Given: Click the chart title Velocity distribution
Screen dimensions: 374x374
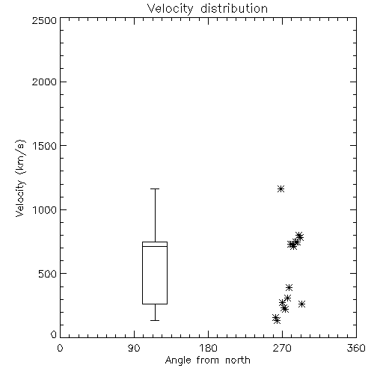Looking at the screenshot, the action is click(x=207, y=9).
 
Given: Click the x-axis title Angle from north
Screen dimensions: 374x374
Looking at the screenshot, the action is click(x=207, y=360).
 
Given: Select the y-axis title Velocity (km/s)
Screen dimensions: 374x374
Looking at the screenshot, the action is click(x=20, y=178).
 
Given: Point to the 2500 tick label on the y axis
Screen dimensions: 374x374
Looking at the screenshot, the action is click(x=44, y=20).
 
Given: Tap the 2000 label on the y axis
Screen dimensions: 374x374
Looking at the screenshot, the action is click(x=44, y=82).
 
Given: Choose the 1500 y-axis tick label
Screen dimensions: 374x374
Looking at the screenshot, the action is click(x=45, y=146).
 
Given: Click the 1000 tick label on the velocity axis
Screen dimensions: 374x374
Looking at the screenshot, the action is click(x=45, y=209).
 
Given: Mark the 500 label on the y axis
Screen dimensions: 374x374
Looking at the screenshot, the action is click(x=48, y=274).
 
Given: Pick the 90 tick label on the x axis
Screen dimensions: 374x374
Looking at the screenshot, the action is click(x=134, y=348).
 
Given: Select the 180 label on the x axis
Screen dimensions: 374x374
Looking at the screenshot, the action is click(x=208, y=348).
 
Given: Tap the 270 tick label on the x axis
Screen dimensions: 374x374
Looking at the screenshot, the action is click(x=282, y=348).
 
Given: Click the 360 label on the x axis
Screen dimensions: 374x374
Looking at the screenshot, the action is click(x=356, y=348).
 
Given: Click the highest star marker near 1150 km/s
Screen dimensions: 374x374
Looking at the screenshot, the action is click(x=281, y=188).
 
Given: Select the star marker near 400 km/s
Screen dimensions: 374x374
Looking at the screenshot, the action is click(x=289, y=287).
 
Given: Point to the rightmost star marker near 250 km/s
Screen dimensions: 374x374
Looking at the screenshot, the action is click(x=302, y=304).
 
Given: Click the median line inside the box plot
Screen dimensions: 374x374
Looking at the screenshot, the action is click(x=155, y=246).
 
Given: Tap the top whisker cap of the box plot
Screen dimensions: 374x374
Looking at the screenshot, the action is click(x=155, y=188).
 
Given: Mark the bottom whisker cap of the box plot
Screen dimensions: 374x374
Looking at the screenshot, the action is click(x=155, y=320).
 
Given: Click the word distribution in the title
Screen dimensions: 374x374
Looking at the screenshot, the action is click(x=234, y=9).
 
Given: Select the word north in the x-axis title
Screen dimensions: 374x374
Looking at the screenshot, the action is click(x=238, y=360).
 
